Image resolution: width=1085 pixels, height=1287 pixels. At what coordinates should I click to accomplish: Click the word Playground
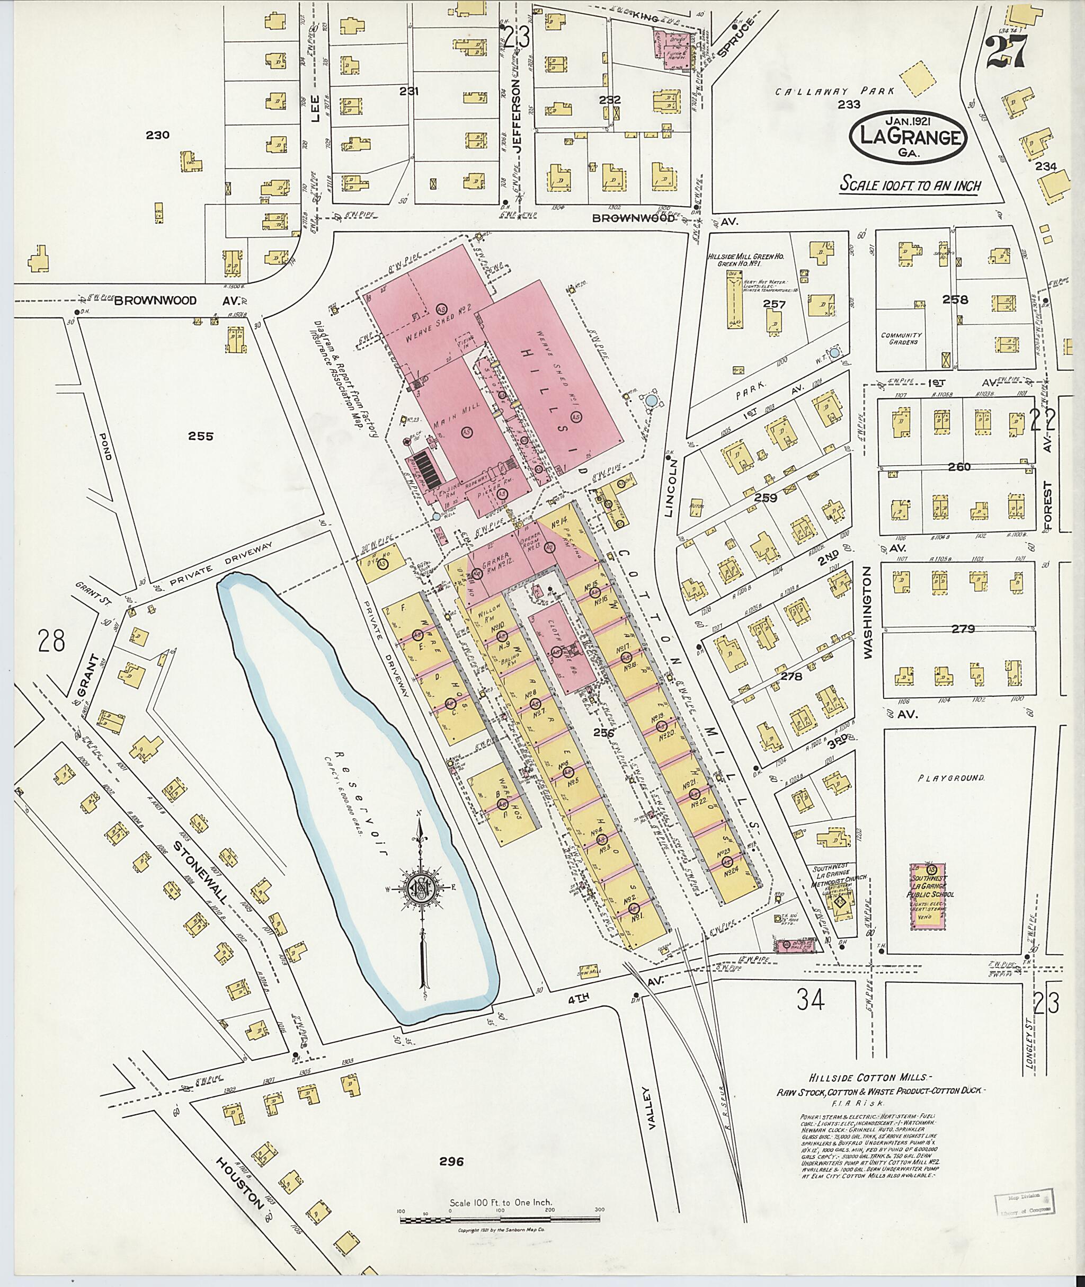tap(951, 778)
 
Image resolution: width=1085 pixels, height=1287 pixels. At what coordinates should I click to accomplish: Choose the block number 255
tap(201, 436)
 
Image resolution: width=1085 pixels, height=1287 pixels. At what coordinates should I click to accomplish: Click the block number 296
tap(451, 1161)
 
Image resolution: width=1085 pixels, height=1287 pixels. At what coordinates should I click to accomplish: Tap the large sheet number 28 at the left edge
tap(50, 641)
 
